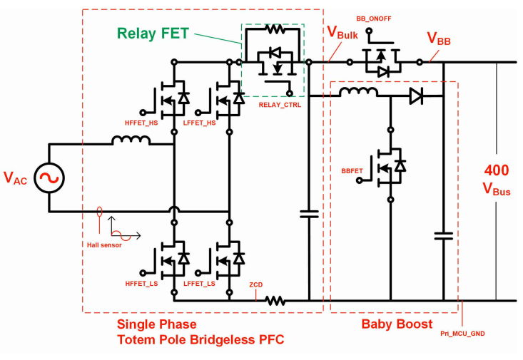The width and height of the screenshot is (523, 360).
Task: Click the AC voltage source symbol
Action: pos(49,178)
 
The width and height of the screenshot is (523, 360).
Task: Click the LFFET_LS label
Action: pos(199,284)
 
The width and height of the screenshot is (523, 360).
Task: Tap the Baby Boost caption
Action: pos(397,324)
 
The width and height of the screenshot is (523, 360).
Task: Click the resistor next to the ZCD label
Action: pos(276,301)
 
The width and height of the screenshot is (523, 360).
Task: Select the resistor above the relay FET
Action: pos(273,29)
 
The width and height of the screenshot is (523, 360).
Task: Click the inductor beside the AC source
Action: pos(131,140)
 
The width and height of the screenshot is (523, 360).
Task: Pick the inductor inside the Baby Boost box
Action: pos(358,93)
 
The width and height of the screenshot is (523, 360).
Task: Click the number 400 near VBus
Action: pos(497,170)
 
